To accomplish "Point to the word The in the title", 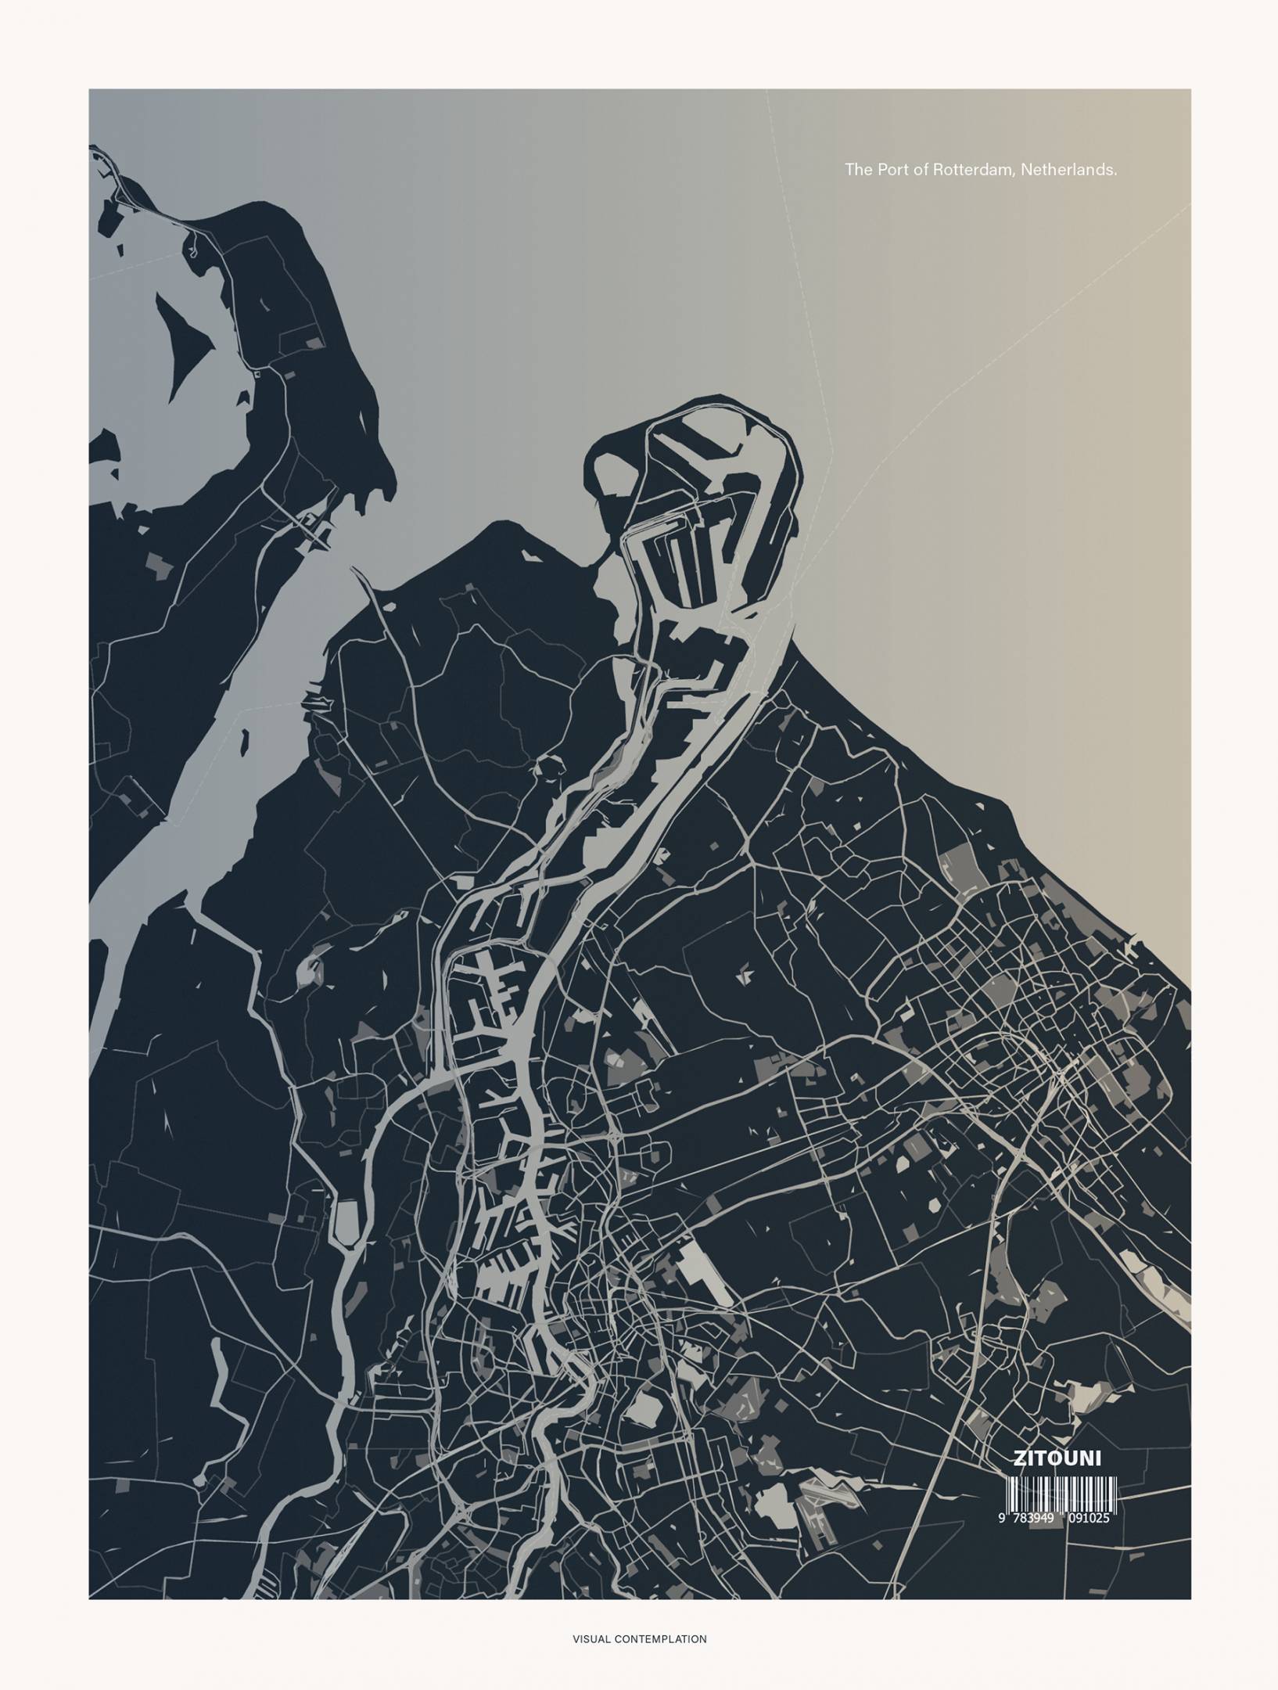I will coord(858,169).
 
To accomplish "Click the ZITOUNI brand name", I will coord(1057,1458).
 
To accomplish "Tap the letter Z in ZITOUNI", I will coord(1019,1458).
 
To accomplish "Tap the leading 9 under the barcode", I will coord(1002,1519).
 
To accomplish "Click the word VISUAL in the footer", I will coord(591,1632).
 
